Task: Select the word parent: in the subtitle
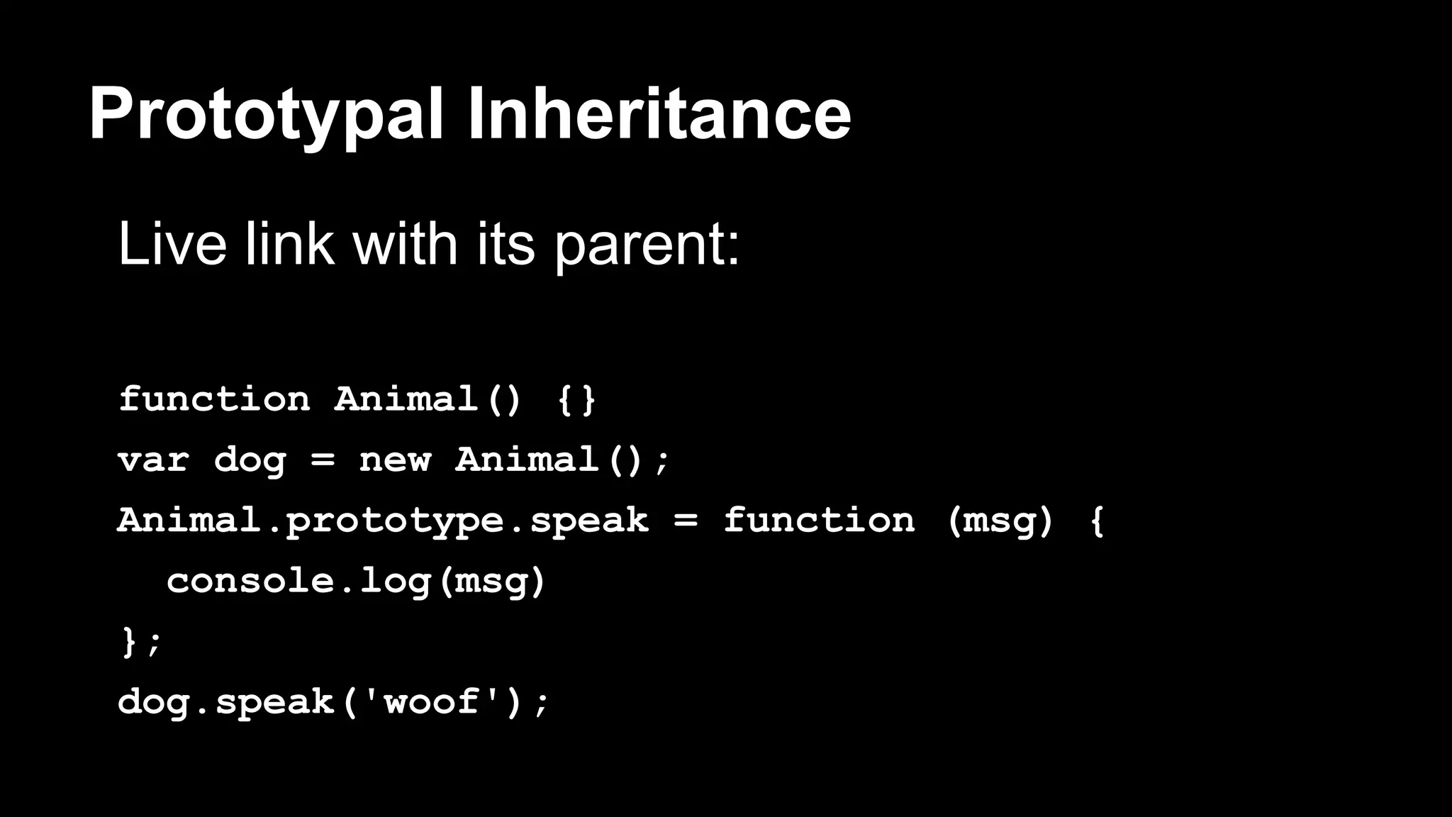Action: pos(647,245)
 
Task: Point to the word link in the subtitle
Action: pos(289,244)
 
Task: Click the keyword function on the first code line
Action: pos(214,399)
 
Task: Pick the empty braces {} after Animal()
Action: pos(576,399)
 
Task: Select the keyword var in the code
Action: pos(153,460)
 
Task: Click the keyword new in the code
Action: pos(395,460)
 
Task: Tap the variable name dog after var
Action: pos(250,461)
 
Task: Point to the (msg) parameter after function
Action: pos(1000,521)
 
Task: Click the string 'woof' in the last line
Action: pos(431,701)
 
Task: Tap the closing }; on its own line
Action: pos(141,642)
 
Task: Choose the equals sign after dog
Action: pos(323,461)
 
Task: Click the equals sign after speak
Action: pos(686,521)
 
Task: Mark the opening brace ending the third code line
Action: pos(1097,521)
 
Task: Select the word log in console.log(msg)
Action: pos(395,582)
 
